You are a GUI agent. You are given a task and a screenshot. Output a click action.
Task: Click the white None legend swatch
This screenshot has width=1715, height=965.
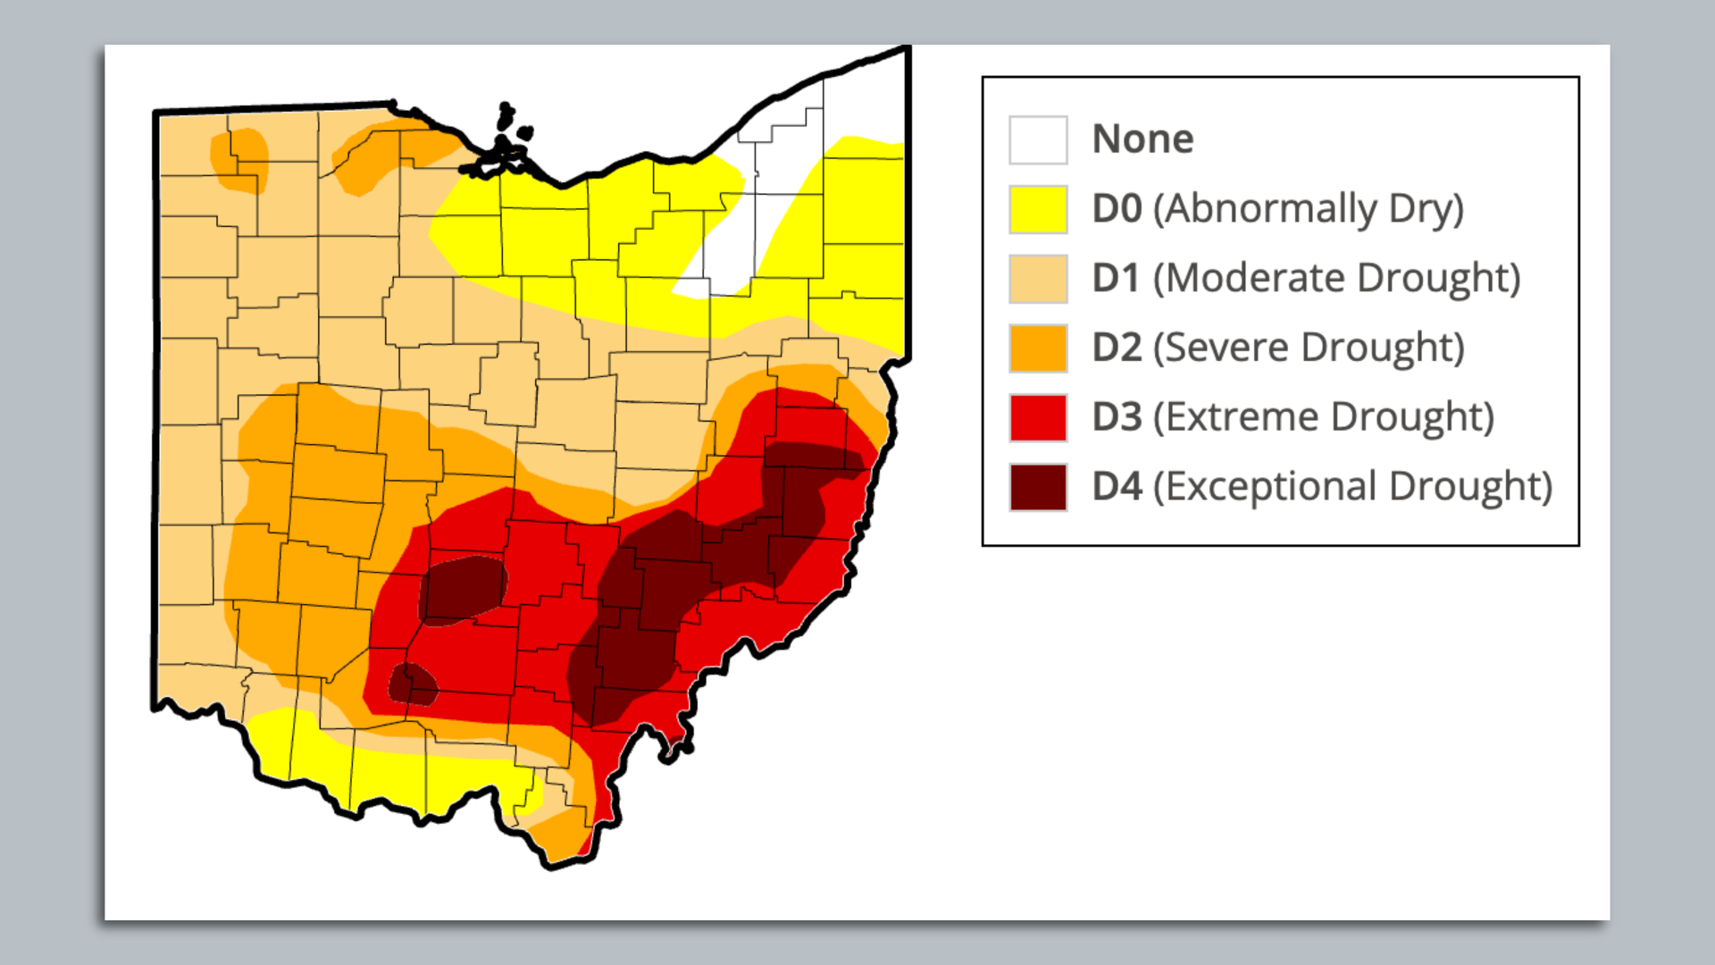pos(1038,140)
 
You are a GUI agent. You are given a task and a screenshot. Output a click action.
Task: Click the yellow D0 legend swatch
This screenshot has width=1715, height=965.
pos(1038,210)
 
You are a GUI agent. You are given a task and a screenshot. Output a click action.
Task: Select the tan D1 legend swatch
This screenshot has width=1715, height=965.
pos(1038,279)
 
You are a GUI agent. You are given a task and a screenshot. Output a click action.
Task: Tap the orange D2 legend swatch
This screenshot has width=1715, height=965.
pos(1038,348)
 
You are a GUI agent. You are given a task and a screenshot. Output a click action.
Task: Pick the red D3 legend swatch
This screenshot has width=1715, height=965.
pos(1038,418)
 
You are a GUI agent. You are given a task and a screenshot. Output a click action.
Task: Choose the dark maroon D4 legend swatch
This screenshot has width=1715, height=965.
pos(1038,487)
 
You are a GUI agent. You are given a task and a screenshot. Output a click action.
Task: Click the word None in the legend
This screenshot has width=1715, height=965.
pos(1142,139)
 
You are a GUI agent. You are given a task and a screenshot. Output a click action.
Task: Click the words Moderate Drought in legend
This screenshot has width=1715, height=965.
pos(1336,278)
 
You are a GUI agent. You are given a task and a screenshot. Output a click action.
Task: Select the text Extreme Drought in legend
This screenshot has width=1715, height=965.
pos(1324,417)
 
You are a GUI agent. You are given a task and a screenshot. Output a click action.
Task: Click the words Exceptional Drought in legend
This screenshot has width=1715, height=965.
pos(1352,487)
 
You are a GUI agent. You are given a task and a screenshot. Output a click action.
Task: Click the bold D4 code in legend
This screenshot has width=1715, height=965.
pos(1117,487)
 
